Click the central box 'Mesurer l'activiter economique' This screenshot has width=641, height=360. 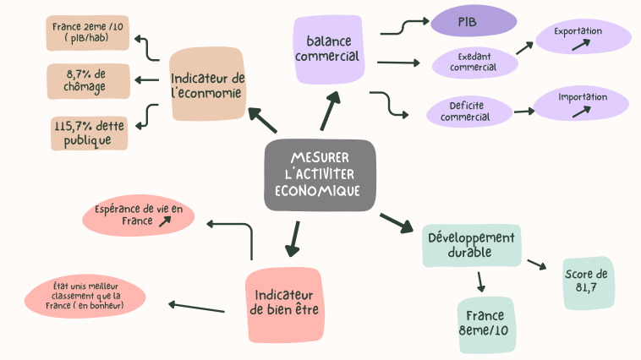coord(319,175)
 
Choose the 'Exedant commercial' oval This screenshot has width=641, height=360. coord(473,61)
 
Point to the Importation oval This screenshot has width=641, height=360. coord(582,102)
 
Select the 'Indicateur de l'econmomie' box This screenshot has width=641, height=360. coord(207,85)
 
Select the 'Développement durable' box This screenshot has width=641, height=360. coord(470,244)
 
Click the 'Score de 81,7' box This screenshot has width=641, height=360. coord(586,281)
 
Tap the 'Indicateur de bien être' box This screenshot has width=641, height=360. coord(284,304)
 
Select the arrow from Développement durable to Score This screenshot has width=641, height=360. coord(536,265)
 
